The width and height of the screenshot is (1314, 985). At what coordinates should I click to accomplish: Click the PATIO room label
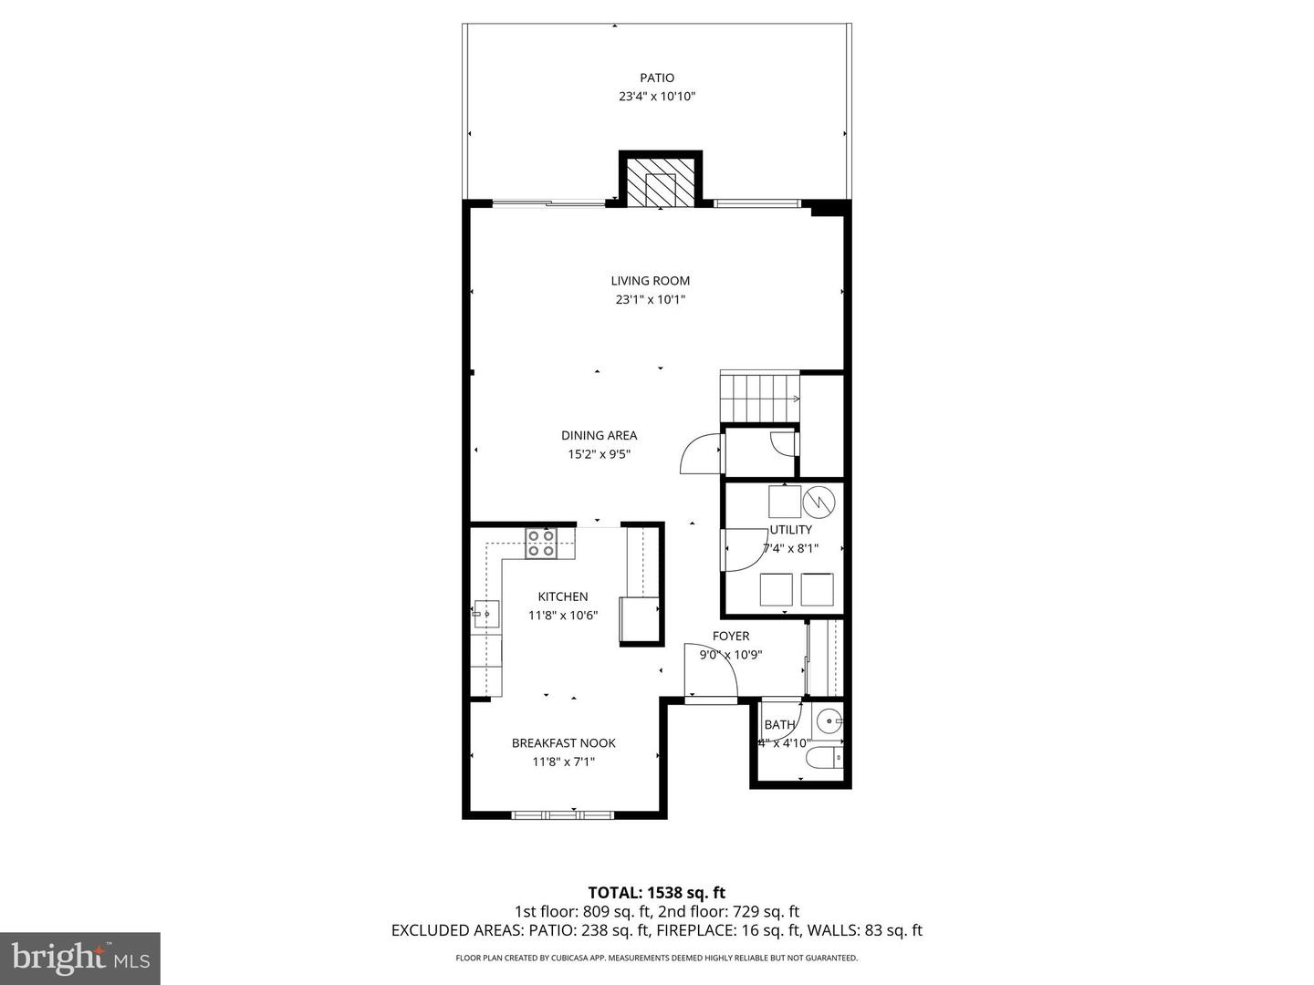point(656,78)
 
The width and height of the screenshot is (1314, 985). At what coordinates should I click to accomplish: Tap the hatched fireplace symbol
point(661,187)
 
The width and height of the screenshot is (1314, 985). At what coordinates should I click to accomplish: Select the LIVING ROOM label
point(650,281)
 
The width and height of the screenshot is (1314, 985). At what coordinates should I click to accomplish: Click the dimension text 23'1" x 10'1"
point(650,299)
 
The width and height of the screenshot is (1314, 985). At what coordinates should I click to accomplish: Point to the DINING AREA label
point(599,436)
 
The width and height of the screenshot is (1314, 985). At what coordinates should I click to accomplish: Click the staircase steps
point(759,398)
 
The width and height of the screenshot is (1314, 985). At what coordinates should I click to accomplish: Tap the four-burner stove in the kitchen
point(540,544)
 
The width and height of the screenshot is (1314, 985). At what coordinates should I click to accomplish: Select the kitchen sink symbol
point(485,615)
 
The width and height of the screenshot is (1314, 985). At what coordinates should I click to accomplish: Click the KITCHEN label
point(562,597)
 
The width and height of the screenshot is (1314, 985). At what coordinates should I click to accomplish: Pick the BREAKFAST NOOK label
point(563,743)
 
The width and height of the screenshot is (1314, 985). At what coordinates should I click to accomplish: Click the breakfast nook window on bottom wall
point(562,814)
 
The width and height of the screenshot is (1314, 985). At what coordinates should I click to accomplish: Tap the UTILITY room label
point(790,530)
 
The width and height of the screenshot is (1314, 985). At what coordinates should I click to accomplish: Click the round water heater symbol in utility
point(819,501)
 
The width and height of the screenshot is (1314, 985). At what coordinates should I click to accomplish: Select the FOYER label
point(730,637)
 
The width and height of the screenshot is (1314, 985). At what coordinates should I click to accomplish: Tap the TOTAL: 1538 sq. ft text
point(656,893)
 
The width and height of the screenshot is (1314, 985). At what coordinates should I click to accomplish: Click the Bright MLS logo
point(80,958)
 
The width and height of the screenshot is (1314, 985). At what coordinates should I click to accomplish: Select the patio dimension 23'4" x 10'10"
point(656,97)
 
